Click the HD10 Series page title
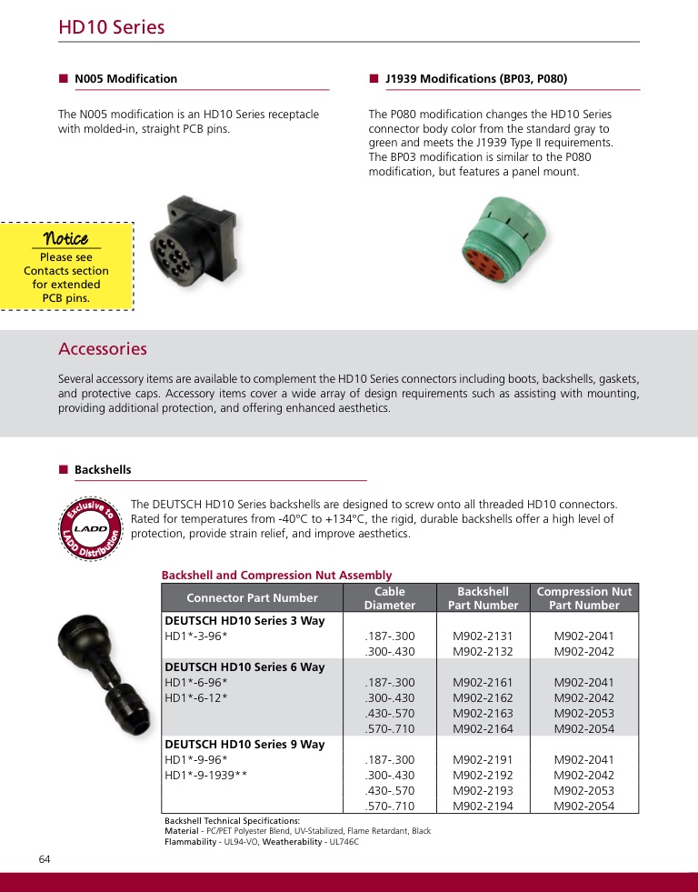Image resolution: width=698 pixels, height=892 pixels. click(x=112, y=27)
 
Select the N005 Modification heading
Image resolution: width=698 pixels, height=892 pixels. click(x=125, y=79)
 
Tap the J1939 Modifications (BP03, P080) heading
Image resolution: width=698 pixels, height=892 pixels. click(x=475, y=79)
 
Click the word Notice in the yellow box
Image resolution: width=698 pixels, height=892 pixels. click(x=65, y=239)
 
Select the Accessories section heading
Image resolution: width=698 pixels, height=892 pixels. click(x=103, y=349)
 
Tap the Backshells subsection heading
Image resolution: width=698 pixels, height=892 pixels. click(x=102, y=470)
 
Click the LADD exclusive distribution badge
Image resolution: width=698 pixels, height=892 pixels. click(x=91, y=529)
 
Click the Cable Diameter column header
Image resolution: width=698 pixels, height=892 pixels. click(x=389, y=597)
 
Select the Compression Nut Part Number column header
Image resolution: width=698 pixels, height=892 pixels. click(x=584, y=597)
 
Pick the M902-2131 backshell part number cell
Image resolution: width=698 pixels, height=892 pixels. click(x=483, y=636)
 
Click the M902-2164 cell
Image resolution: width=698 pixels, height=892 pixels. click(x=483, y=728)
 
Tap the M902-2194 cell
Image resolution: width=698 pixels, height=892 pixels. click(x=483, y=806)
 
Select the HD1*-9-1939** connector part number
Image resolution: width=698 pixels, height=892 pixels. click(x=206, y=776)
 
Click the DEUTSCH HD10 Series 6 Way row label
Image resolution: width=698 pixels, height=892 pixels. click(x=244, y=667)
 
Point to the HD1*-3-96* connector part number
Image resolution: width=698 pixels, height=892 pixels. click(x=195, y=636)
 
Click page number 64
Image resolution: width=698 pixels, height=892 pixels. click(x=45, y=859)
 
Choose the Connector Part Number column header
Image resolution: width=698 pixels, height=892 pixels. click(x=252, y=597)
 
